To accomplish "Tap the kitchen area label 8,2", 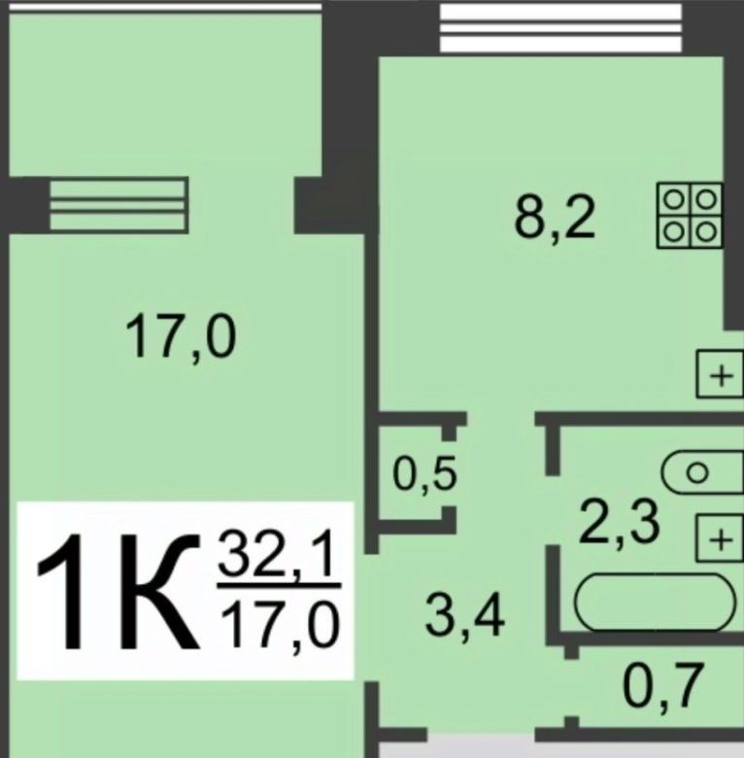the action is (555, 218).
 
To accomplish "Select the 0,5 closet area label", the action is (424, 474).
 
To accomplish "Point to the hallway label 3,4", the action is (465, 617).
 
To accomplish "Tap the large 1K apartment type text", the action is (118, 591).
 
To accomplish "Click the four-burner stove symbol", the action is (690, 216).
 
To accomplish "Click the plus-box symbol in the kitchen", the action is (720, 375).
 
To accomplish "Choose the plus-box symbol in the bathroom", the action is (720, 538).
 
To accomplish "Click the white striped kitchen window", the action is (560, 27).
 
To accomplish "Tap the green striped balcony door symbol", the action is (118, 204).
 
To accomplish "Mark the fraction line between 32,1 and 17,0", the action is (279, 586).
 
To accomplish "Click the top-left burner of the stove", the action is (673, 199).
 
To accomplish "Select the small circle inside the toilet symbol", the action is (696, 473).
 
